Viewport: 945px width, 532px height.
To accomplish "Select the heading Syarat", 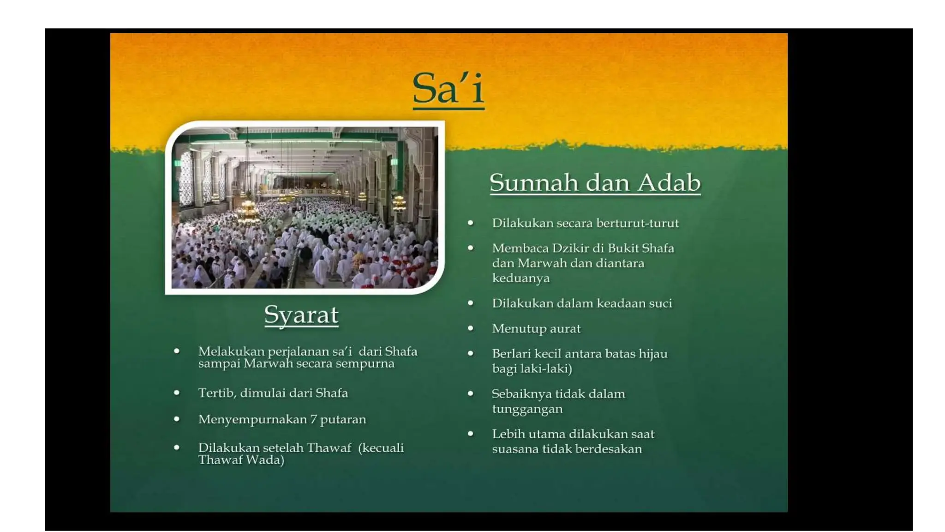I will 301,315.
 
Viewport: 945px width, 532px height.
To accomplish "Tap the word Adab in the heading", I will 669,183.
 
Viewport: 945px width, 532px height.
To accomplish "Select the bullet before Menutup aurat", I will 470,328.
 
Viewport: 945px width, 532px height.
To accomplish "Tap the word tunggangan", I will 527,409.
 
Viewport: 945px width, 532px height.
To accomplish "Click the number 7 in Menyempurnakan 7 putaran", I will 313,419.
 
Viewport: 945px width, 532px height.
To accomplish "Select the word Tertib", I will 216,393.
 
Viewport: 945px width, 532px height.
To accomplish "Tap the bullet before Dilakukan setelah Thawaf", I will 176,447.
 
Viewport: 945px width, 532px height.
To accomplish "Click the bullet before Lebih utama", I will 470,434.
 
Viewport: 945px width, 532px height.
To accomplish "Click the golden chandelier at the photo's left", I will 248,210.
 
